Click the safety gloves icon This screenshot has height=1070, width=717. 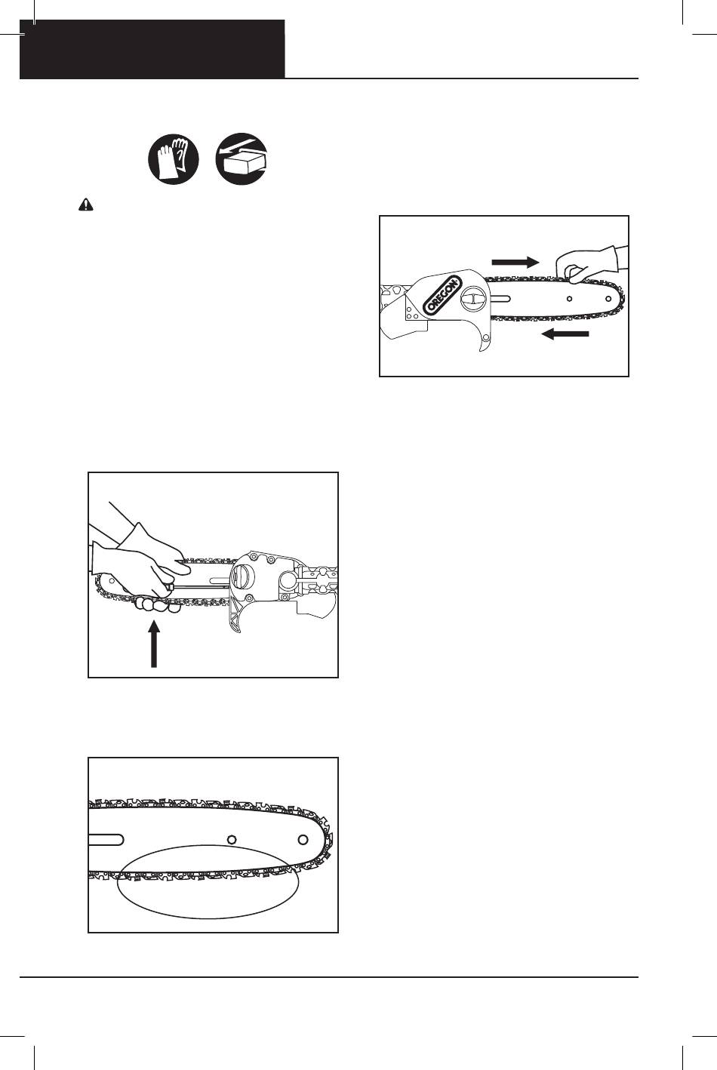pos(173,158)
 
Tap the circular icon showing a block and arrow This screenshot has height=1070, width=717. pos(242,158)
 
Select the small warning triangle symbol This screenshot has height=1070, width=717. pos(85,205)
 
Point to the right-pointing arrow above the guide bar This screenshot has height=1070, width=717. pos(515,262)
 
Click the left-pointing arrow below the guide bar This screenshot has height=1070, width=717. pos(565,334)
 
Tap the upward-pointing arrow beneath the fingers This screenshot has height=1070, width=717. pos(154,644)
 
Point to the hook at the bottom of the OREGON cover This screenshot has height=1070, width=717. pos(485,340)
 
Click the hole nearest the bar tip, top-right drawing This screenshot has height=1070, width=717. pos(608,299)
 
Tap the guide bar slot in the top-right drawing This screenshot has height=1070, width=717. pos(501,299)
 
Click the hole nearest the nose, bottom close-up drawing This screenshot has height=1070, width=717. pos(303,839)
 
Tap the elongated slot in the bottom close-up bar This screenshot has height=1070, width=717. pos(106,839)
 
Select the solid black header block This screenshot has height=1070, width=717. pos(152,49)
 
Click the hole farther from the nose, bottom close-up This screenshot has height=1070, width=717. pos(232,839)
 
